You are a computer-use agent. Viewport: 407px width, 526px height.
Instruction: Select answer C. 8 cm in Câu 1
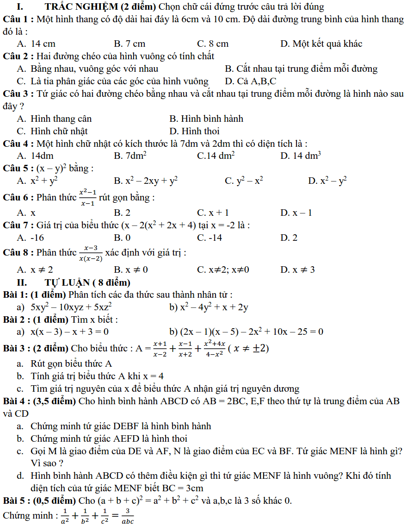[213, 44]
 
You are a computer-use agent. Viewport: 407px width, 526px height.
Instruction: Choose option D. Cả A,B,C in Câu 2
[250, 81]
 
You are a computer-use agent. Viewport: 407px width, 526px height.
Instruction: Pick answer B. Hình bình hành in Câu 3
[206, 119]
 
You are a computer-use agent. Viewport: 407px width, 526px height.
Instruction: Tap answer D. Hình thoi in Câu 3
[194, 131]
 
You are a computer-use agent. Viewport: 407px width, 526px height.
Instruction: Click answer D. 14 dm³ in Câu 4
[301, 156]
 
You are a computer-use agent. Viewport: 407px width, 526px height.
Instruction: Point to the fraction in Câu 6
[87, 197]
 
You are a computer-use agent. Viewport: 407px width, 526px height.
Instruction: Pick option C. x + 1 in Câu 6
[213, 213]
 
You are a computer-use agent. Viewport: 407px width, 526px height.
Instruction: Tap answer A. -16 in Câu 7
[31, 238]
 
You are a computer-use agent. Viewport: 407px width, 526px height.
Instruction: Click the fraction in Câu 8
[91, 254]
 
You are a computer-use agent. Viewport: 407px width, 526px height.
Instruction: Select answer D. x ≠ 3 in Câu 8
[297, 269]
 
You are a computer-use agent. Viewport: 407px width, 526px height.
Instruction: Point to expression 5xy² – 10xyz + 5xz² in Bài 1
[71, 307]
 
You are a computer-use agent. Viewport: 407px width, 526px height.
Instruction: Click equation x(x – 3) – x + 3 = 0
[69, 332]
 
